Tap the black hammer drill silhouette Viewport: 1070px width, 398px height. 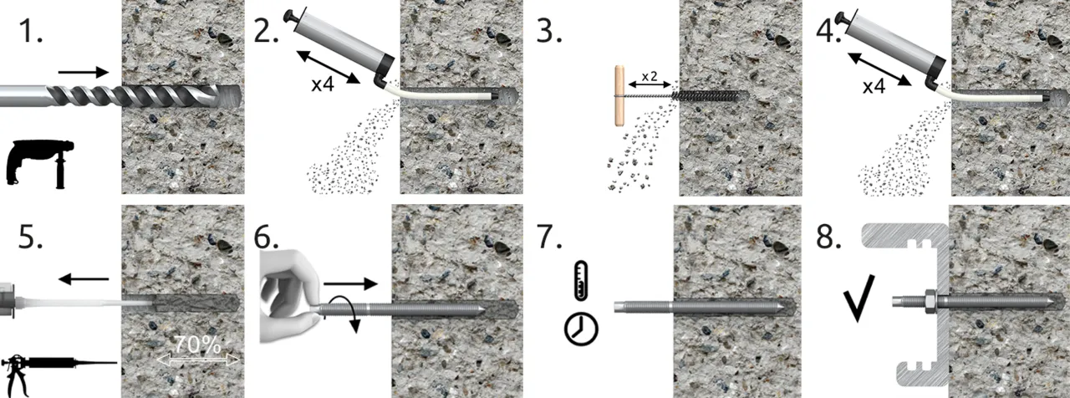coord(40,163)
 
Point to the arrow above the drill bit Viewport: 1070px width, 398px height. coord(84,72)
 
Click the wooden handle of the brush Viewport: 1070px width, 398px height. coord(619,95)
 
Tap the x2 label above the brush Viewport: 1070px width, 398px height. coord(650,76)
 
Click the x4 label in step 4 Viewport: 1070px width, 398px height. coord(874,86)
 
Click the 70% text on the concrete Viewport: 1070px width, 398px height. coord(197,345)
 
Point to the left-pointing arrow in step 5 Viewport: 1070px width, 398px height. coord(84,278)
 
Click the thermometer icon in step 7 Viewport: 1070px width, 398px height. coord(581,280)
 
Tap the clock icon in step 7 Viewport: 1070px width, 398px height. coord(581,329)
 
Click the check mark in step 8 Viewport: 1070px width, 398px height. coord(859,298)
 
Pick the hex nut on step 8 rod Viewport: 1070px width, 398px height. coord(930,301)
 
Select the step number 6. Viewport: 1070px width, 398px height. coord(266,237)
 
